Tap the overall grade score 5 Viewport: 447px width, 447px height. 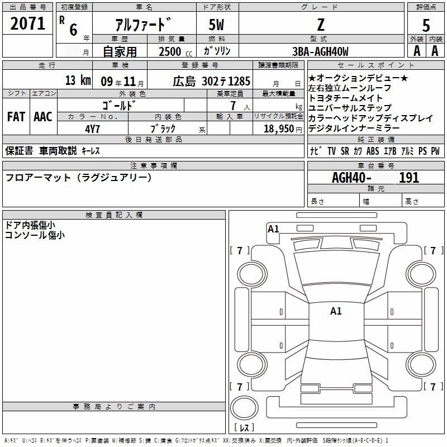point(426,25)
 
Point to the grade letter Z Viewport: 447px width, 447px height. point(320,25)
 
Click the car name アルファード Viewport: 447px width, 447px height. point(143,26)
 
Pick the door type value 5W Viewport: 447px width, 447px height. point(217,25)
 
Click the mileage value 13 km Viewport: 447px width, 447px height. point(77,80)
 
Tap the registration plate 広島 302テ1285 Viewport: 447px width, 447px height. point(203,80)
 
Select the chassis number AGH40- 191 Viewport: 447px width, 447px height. point(375,178)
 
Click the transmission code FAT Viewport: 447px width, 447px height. point(16,117)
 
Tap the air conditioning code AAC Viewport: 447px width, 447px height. point(42,117)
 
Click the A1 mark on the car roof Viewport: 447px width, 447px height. point(336,311)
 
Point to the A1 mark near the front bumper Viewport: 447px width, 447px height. point(273,229)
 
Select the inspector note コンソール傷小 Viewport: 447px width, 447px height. point(35,235)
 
